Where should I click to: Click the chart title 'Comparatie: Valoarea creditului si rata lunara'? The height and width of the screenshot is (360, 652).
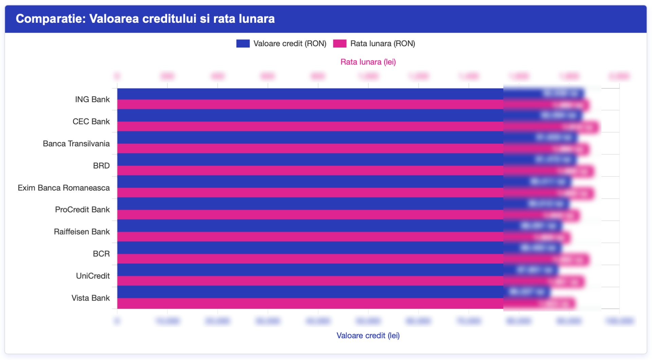145,19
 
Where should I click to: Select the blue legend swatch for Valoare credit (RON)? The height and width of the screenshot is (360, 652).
243,43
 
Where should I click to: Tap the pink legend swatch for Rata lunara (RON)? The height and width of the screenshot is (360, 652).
340,43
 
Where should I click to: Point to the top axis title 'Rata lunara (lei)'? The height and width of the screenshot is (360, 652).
368,62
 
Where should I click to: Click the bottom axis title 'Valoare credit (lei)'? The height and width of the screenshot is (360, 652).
368,336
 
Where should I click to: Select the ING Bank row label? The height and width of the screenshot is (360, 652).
92,100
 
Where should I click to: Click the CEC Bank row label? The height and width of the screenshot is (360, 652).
91,122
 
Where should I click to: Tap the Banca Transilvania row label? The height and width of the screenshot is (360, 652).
76,144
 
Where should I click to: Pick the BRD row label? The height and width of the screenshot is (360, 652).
101,166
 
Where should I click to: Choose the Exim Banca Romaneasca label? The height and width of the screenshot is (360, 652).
64,188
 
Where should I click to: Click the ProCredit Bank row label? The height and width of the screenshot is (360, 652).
82,210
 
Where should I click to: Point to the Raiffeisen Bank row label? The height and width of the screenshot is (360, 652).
81,232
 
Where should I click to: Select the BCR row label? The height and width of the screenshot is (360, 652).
101,254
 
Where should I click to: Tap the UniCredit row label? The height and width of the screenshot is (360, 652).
93,276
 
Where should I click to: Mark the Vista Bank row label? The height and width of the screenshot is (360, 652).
90,298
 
